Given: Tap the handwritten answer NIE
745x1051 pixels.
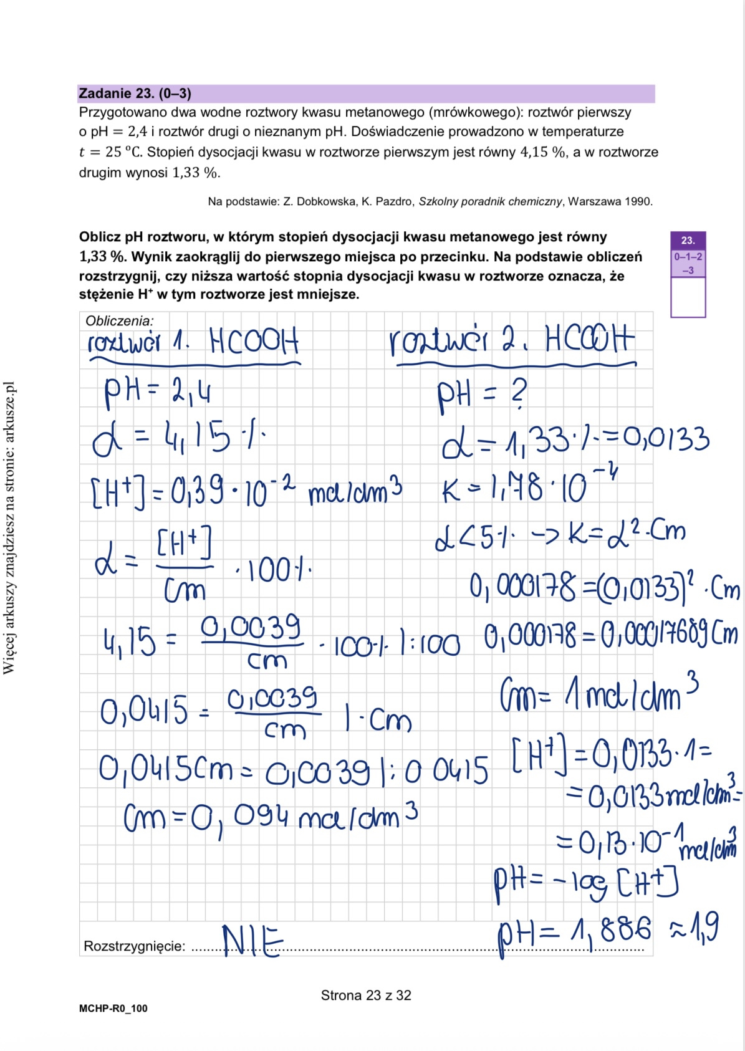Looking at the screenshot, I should (x=252, y=941).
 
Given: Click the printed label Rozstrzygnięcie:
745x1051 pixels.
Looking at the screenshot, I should (x=134, y=946).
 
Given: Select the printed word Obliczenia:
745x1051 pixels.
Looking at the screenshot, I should (x=119, y=321).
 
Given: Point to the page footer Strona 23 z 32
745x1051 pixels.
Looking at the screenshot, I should (x=366, y=996).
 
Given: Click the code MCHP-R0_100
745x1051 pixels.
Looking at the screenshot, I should (x=113, y=1009).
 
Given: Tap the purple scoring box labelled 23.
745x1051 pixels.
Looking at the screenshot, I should (x=688, y=240).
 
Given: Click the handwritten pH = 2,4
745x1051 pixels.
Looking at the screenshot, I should (x=157, y=393).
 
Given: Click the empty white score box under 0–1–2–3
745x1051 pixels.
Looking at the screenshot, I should (x=688, y=297).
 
